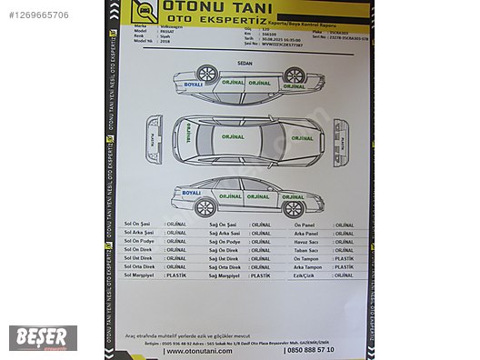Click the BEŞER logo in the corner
click(x=43, y=337)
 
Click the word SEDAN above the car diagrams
click(x=245, y=64)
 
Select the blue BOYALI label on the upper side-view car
click(x=193, y=85)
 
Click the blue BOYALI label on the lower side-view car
click(x=191, y=193)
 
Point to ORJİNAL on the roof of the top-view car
click(x=234, y=137)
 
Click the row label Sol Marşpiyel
click(x=139, y=275)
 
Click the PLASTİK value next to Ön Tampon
click(x=344, y=258)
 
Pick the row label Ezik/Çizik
click(x=305, y=275)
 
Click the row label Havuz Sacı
click(x=306, y=241)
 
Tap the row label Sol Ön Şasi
click(x=139, y=224)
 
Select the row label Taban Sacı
click(x=306, y=249)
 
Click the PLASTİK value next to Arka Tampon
click(x=344, y=266)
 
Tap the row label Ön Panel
click(x=305, y=224)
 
